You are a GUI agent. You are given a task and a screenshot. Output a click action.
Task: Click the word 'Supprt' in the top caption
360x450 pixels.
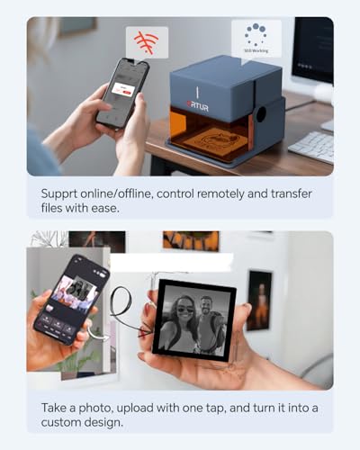tap(64, 193)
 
